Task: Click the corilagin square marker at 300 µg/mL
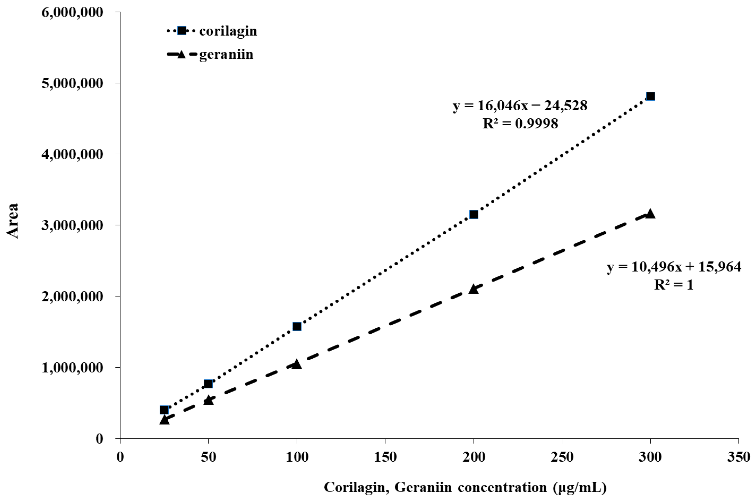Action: point(650,96)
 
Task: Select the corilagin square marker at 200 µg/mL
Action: point(473,215)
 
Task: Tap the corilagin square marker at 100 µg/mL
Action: point(297,327)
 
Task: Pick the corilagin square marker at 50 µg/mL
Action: point(208,384)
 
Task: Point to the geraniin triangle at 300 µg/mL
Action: point(650,214)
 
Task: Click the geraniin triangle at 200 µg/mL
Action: point(473,289)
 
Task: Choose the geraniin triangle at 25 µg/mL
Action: point(164,420)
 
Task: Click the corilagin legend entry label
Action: point(228,31)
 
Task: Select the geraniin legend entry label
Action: point(226,55)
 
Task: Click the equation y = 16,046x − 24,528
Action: point(520,106)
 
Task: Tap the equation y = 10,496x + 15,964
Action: point(674,267)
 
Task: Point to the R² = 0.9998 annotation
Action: point(520,123)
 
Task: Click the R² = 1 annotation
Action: point(673,284)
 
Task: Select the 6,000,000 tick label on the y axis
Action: point(73,12)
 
